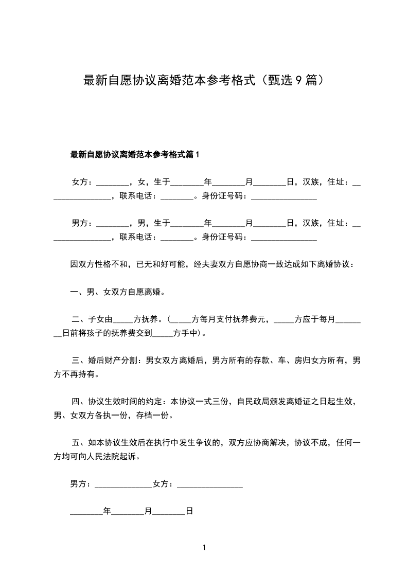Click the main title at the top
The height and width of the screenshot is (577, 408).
(204, 81)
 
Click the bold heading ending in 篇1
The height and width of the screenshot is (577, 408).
(134, 154)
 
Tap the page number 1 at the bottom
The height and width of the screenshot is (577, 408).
(204, 548)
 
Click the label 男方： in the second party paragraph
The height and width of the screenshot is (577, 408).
(82, 223)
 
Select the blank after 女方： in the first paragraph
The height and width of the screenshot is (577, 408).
(112, 183)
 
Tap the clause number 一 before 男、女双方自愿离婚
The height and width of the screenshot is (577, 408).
(74, 292)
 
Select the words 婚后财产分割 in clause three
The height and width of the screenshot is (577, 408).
(112, 360)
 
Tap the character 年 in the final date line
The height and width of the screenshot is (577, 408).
(107, 512)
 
